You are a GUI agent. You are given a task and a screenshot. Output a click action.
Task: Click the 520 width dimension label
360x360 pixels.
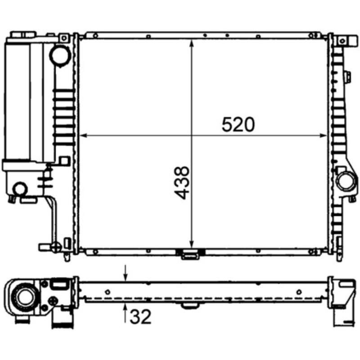(x=238, y=125)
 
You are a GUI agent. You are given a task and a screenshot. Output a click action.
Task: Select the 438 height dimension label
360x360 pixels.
(x=182, y=183)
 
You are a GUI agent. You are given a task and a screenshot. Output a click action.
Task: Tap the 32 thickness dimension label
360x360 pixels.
(x=140, y=317)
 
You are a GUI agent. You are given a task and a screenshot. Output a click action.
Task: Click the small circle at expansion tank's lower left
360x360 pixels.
(x=20, y=189)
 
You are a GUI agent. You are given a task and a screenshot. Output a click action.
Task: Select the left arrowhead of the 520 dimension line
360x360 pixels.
(x=83, y=135)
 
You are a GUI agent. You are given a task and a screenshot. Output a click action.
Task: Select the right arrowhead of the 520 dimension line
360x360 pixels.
(x=323, y=135)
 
